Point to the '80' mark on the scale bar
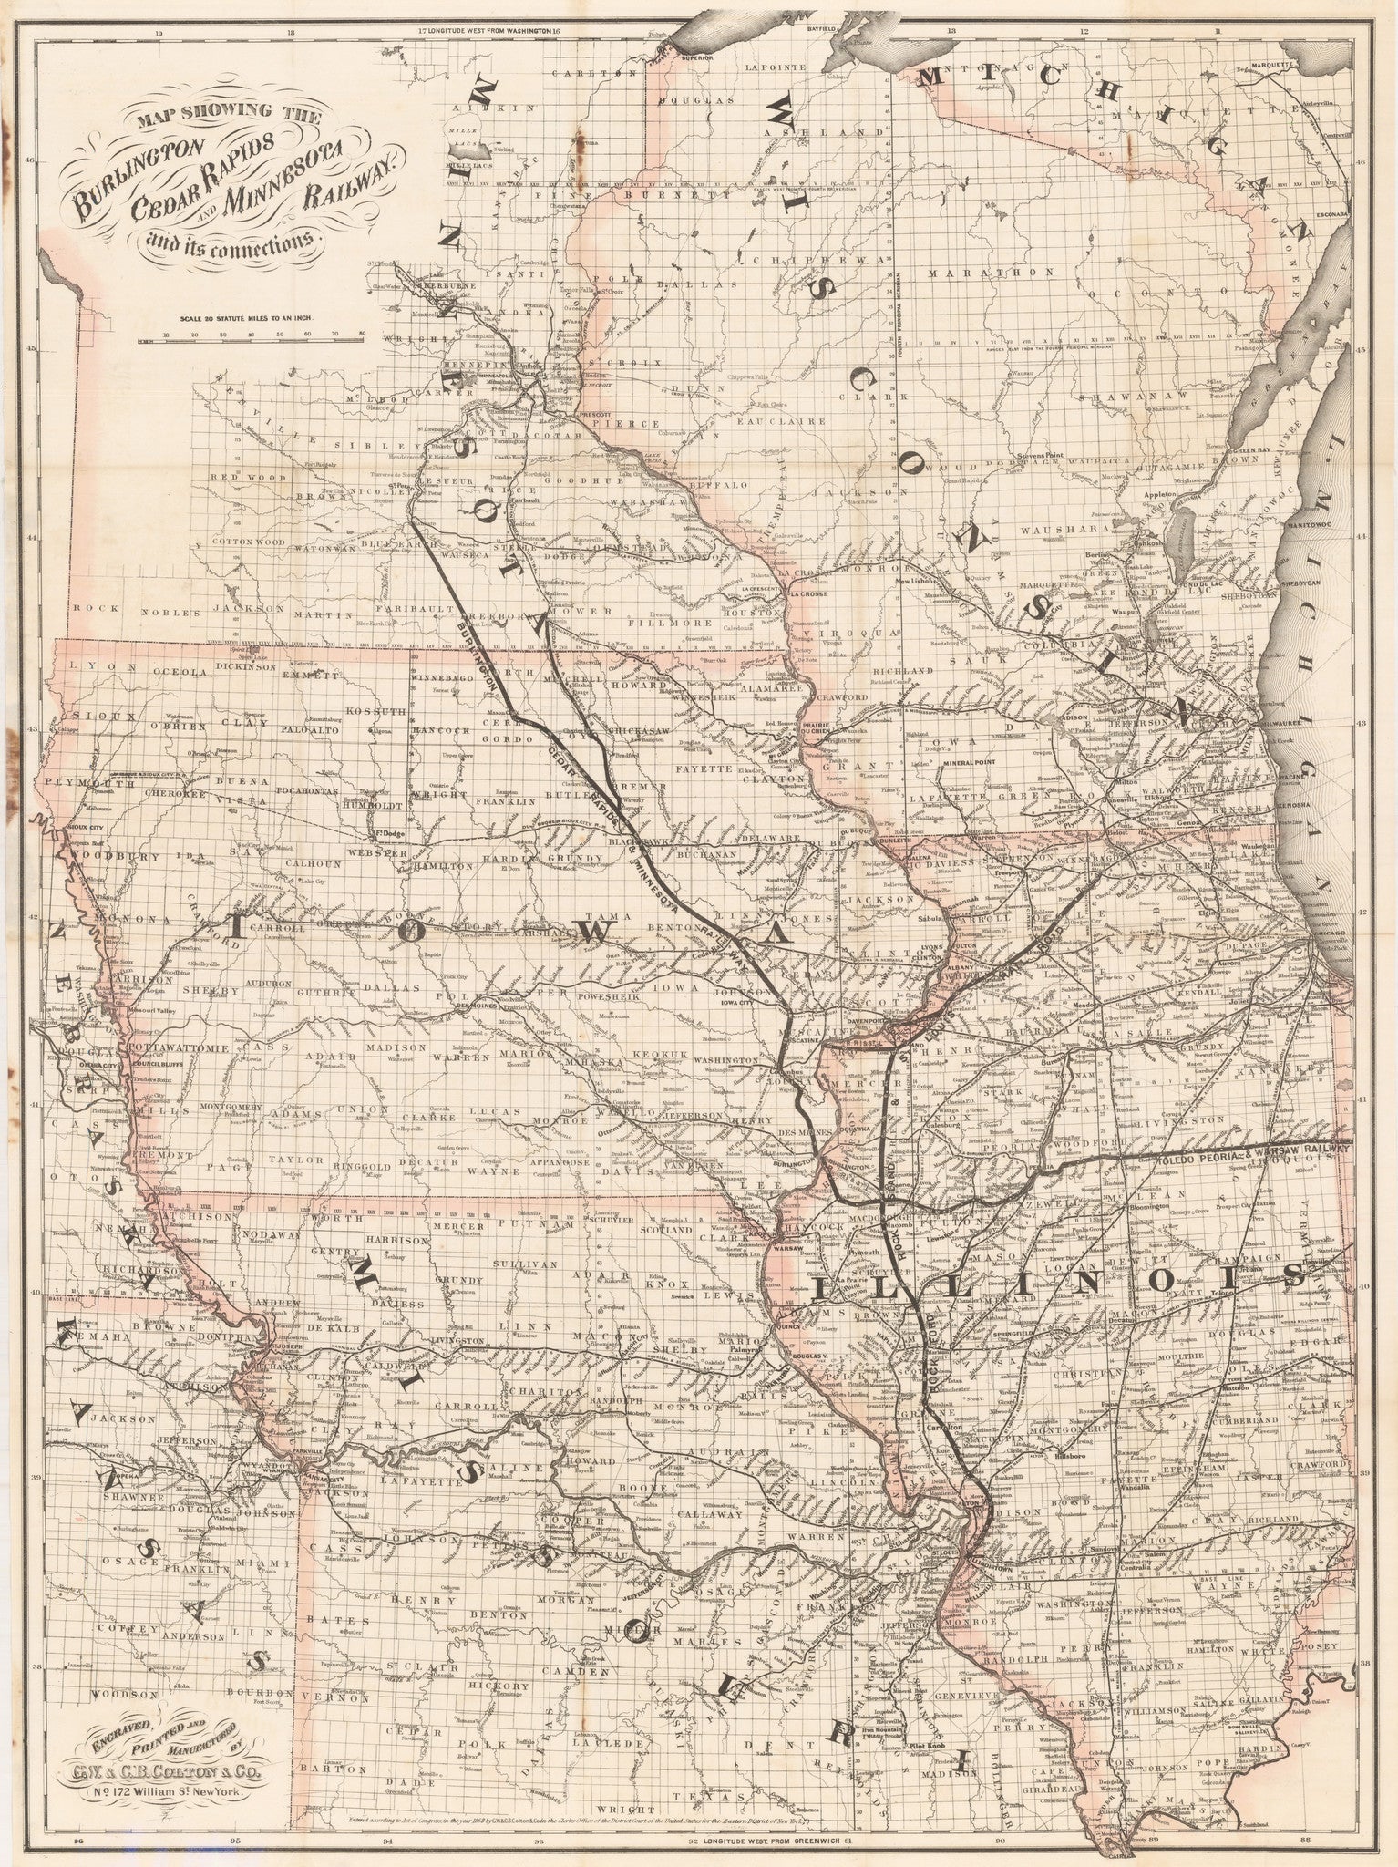[x=362, y=335]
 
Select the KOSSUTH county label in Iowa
[x=368, y=710]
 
